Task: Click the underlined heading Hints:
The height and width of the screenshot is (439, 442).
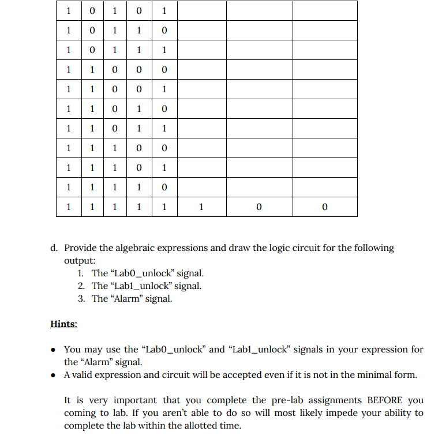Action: pos(63,324)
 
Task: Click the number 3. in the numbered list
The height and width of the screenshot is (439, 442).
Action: pos(81,298)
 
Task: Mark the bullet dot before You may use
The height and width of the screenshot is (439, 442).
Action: pos(54,350)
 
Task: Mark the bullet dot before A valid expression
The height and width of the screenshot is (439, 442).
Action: pos(54,375)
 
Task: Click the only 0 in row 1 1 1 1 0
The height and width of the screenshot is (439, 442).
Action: pos(164,187)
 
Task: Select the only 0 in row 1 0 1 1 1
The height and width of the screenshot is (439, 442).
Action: pos(92,50)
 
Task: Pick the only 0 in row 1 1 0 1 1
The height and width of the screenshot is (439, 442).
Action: pos(115,129)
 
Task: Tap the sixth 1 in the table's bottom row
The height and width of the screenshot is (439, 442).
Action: pos(200,207)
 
